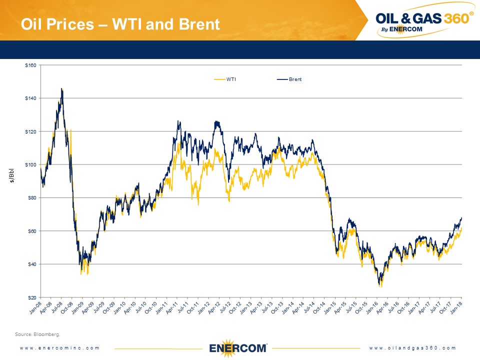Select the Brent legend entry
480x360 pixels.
[x=295, y=79]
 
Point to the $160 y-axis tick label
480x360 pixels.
[x=31, y=65]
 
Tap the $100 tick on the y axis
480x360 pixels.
[x=31, y=164]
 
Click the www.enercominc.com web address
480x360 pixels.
[x=60, y=348]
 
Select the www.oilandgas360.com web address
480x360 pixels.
[x=413, y=348]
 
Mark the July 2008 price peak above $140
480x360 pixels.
[x=61, y=89]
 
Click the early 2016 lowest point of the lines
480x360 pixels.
[x=380, y=285]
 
